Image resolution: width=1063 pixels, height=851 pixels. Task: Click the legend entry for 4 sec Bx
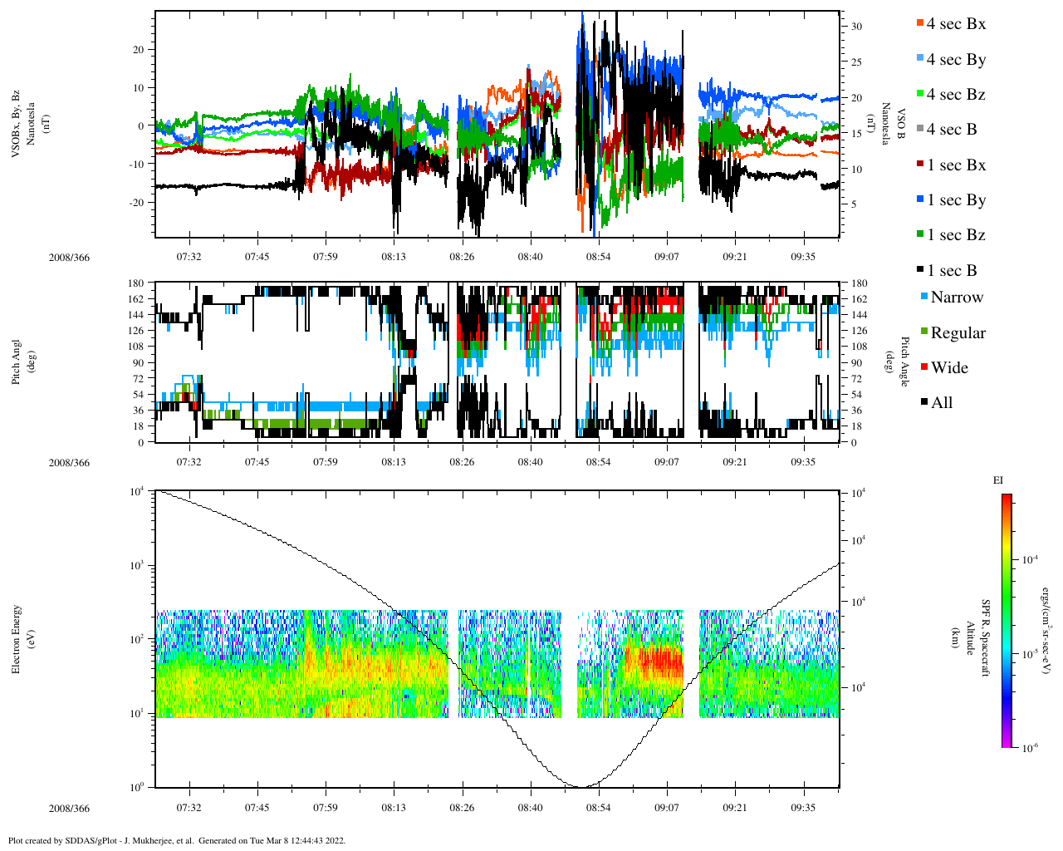(x=955, y=24)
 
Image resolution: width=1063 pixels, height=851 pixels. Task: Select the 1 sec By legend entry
(x=955, y=200)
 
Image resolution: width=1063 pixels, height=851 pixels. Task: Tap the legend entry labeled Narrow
(x=956, y=298)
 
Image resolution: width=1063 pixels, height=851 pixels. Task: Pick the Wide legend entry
(x=948, y=368)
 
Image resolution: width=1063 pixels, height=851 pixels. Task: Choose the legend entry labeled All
(x=941, y=403)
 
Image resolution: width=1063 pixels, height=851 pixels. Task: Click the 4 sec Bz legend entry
(x=955, y=95)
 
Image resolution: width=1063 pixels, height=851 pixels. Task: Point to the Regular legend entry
(x=957, y=333)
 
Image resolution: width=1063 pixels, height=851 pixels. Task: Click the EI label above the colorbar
(x=998, y=480)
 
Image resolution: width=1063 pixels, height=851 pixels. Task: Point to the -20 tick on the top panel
(x=138, y=203)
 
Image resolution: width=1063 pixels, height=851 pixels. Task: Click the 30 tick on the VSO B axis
(x=856, y=27)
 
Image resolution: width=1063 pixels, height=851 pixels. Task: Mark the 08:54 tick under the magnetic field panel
(x=598, y=256)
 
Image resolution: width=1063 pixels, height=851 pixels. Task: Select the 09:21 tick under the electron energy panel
(x=734, y=808)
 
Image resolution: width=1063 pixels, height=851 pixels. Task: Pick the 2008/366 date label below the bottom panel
(x=69, y=809)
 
